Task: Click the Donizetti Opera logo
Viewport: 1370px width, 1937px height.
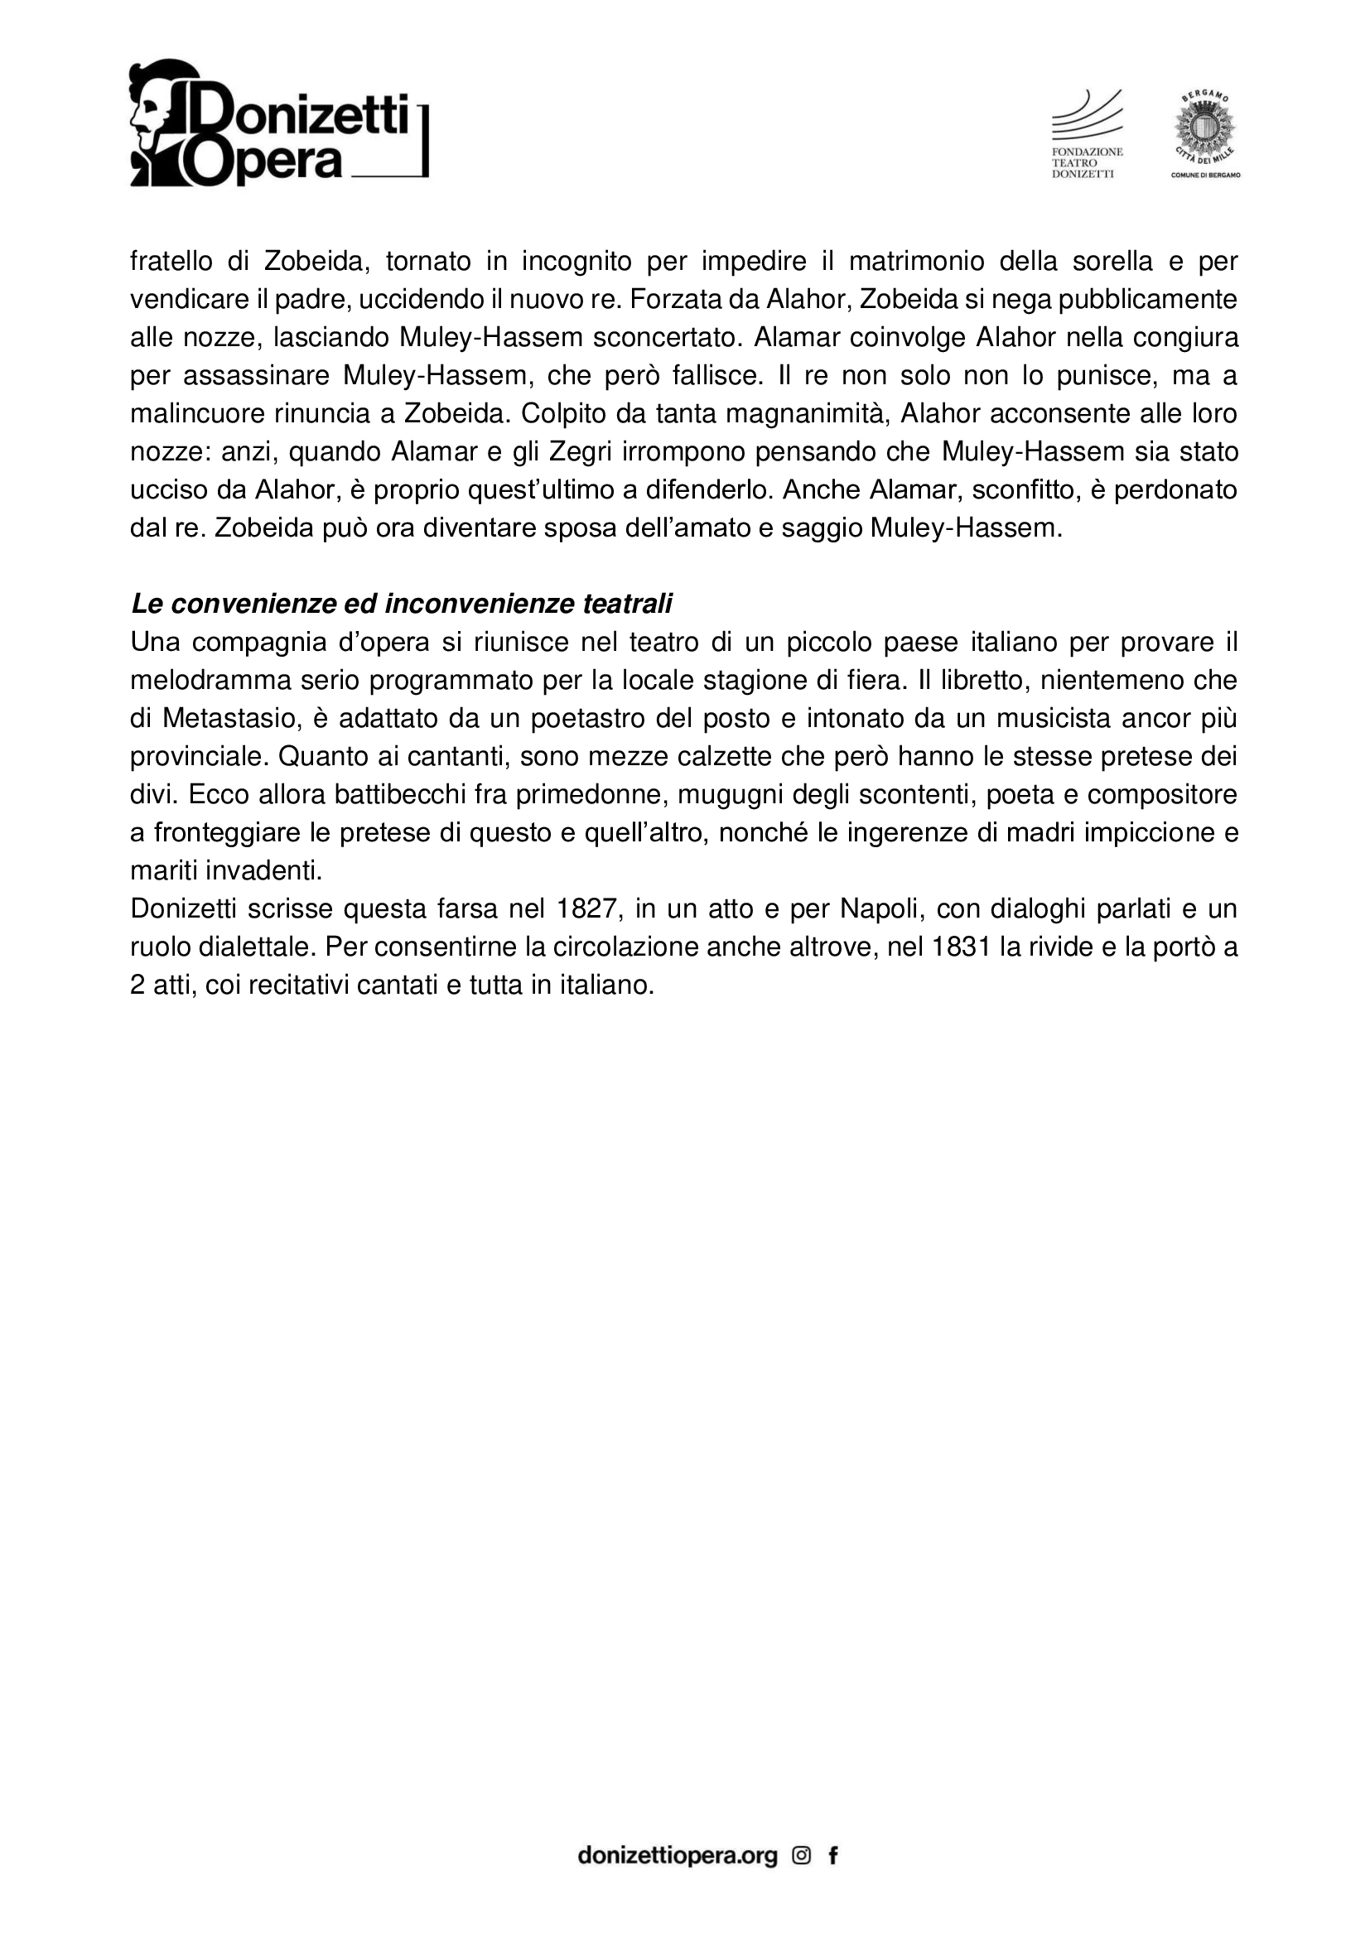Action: [278, 123]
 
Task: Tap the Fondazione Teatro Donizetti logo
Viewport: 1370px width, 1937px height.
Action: [1087, 135]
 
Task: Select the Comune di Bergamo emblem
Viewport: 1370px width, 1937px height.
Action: [1204, 135]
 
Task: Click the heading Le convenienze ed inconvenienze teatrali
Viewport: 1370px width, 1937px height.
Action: [402, 604]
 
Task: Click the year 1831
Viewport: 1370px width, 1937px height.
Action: [961, 947]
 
